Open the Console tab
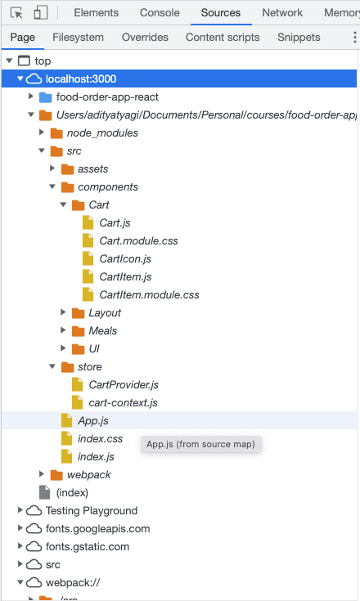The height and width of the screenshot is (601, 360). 160,12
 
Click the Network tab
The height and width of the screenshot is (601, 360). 282,12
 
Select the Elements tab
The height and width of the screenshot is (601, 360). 97,12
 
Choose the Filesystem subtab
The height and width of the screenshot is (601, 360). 78,37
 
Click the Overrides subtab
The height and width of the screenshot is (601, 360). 145,37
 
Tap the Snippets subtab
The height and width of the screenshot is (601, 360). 299,37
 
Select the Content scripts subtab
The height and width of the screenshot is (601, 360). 223,37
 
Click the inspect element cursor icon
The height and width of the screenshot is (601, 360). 16,13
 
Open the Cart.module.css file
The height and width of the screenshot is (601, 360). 138,240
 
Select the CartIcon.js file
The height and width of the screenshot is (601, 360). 125,258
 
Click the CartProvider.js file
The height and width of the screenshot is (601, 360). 124,384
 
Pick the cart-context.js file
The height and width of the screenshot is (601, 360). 123,402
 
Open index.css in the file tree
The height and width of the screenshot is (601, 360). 100,438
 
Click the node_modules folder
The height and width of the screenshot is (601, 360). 102,133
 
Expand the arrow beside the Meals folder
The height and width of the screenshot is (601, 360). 63,330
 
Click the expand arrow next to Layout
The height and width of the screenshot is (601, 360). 63,312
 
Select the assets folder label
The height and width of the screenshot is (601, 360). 92,169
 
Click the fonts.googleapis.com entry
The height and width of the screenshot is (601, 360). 97,528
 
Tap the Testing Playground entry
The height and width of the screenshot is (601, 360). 92,510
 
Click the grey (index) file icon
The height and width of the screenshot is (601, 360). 45,492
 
